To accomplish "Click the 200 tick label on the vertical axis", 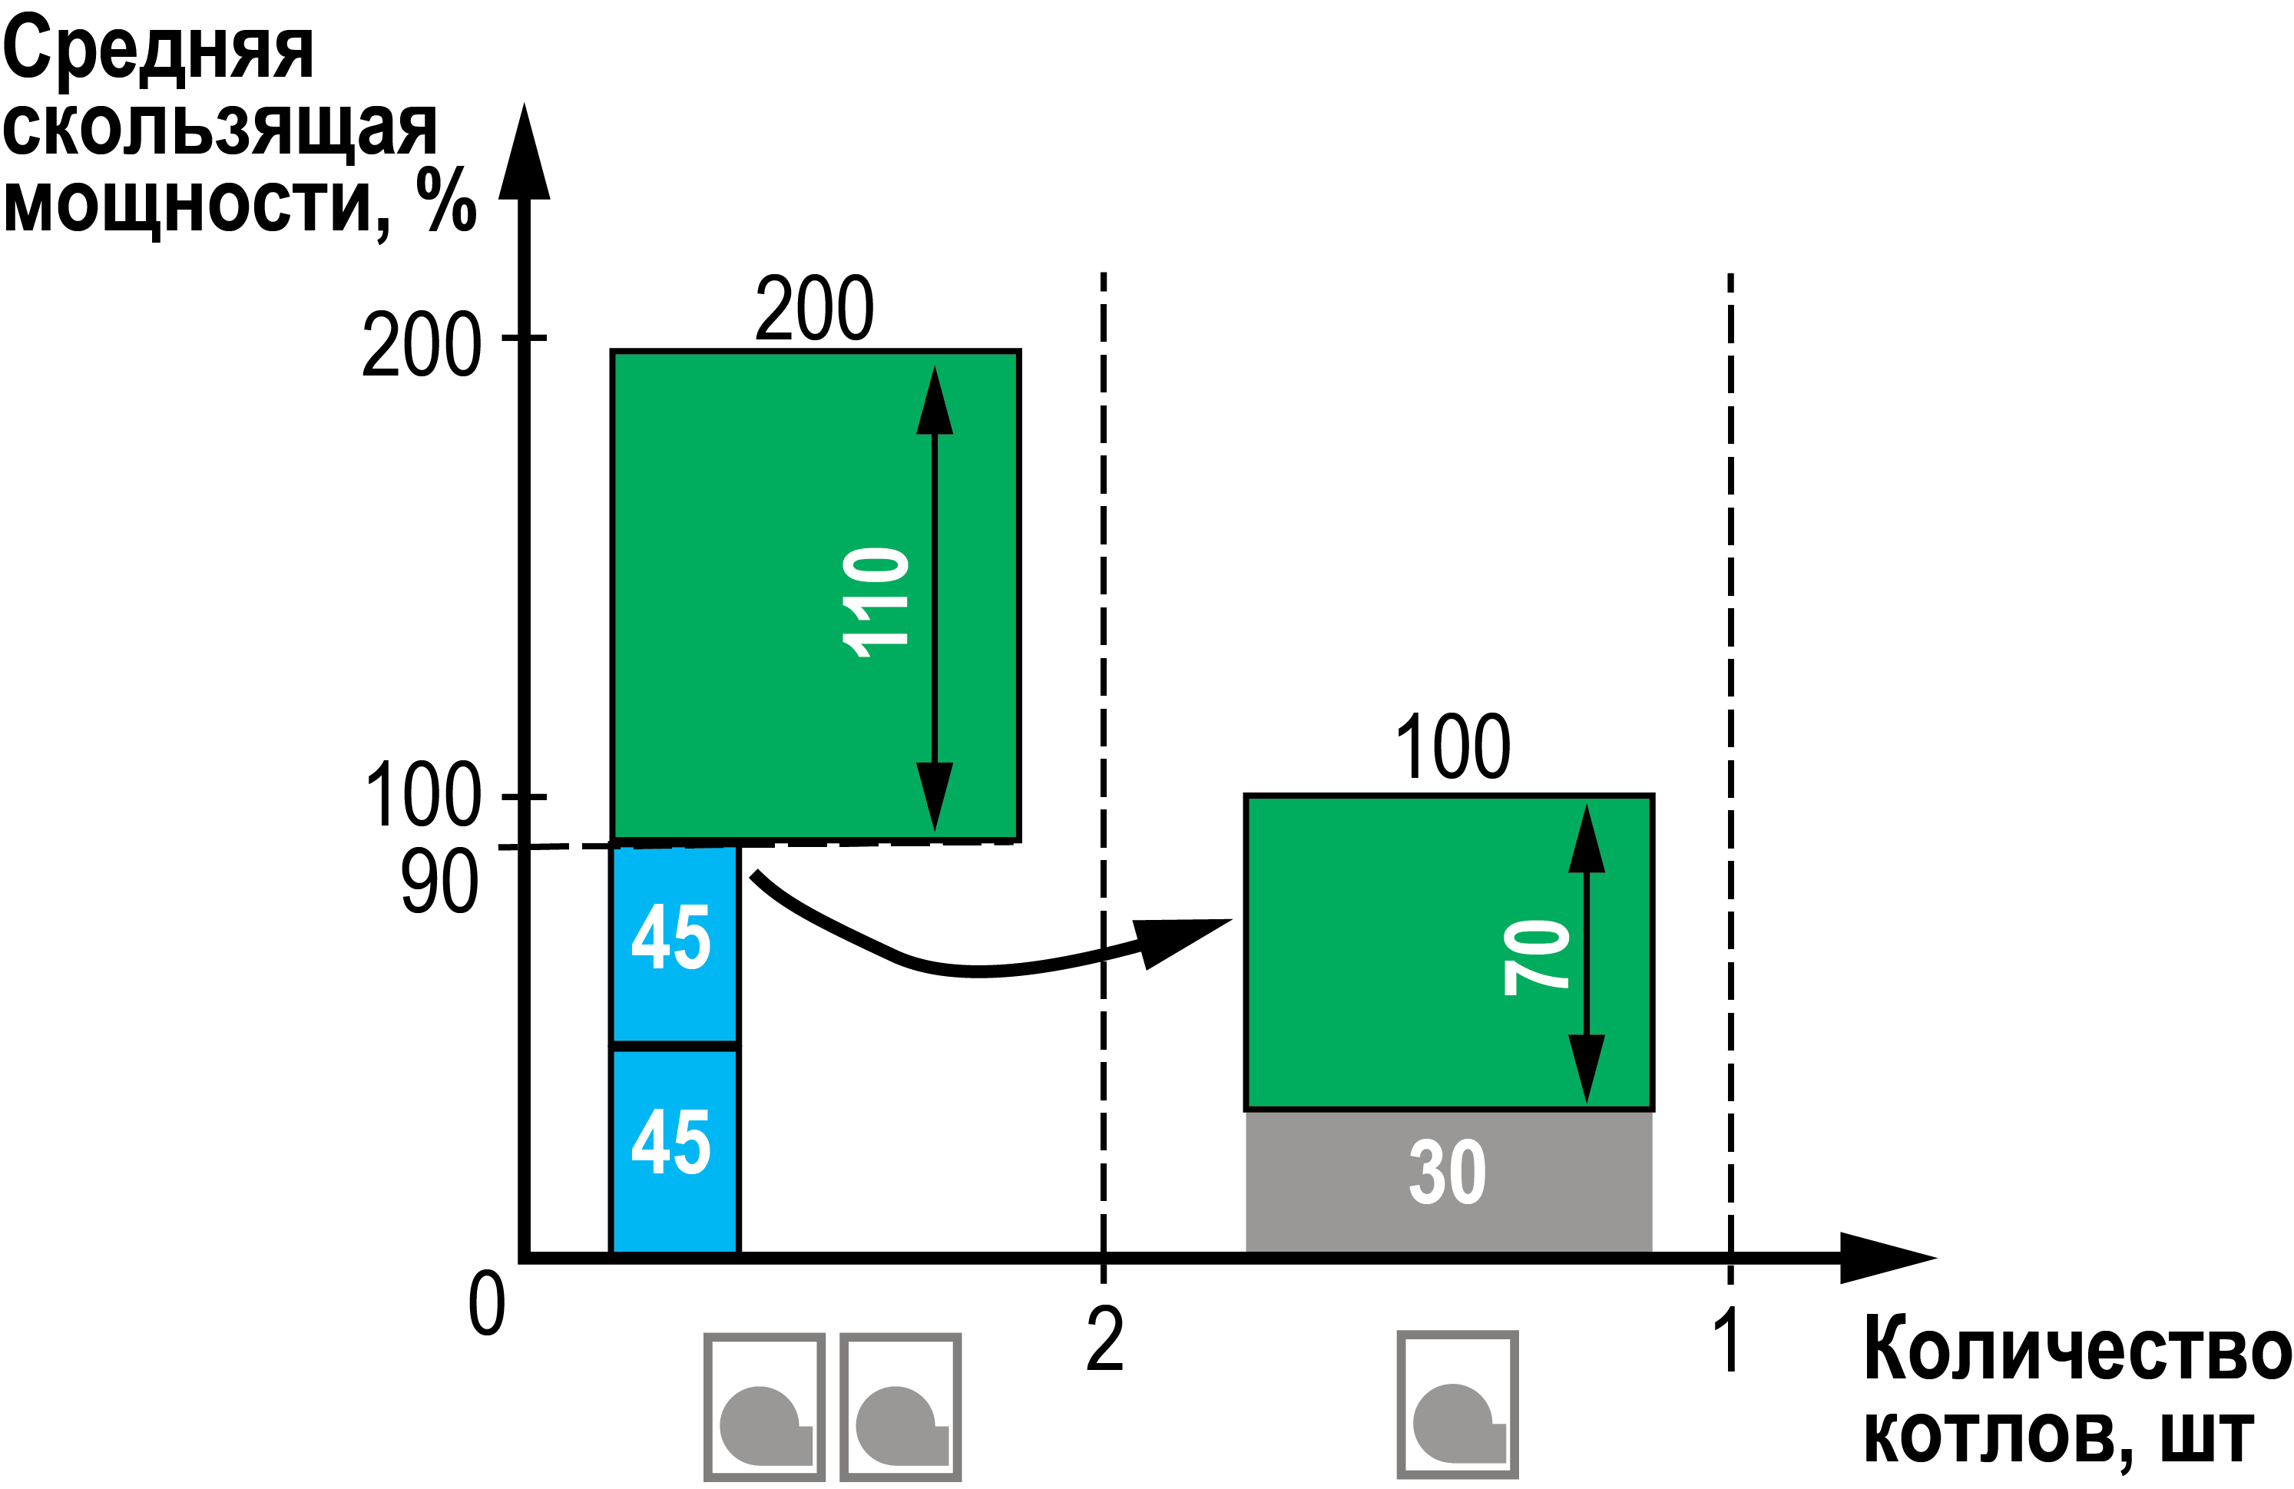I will point(421,344).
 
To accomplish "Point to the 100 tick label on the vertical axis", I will point(423,794).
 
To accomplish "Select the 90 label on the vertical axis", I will point(439,881).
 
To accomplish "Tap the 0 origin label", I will point(486,1302).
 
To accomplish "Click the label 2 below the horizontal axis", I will point(1104,1338).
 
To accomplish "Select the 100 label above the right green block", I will point(1452,747).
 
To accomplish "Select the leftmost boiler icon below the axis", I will point(763,1406).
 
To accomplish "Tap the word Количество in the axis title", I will point(2077,1349).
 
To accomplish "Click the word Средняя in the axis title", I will point(159,50).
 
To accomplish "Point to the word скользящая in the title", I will point(220,127).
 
